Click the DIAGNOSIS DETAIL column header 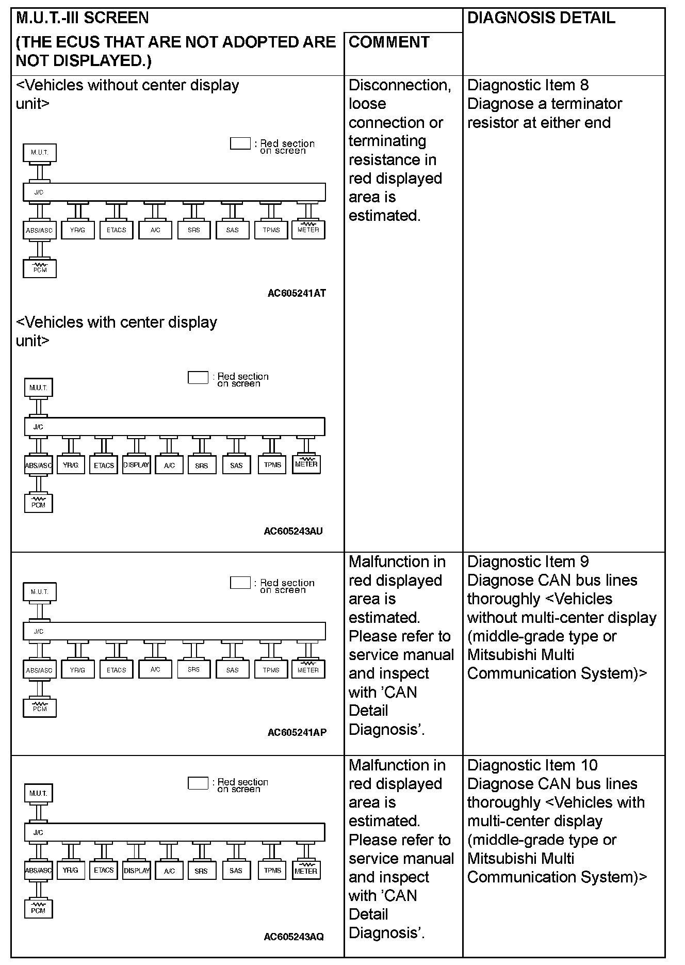pos(541,18)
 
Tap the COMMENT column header pos(389,42)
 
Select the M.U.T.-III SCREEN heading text pos(83,18)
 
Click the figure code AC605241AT pos(297,293)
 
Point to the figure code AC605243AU pos(293,531)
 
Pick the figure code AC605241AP pos(297,732)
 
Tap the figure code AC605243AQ pos(293,937)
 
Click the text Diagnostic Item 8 pos(528,85)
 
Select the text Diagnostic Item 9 pos(528,561)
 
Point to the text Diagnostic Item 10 pos(532,765)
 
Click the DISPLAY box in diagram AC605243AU pos(136,465)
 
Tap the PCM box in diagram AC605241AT pos(40,269)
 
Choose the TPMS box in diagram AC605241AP pos(271,670)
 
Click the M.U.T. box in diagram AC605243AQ pos(38,793)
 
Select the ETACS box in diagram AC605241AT pos(117,230)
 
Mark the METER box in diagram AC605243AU pos(306,464)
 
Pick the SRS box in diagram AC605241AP pos(194,669)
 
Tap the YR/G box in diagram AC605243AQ pos(71,871)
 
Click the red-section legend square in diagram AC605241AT pos(240,143)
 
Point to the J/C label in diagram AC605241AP pos(39,631)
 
